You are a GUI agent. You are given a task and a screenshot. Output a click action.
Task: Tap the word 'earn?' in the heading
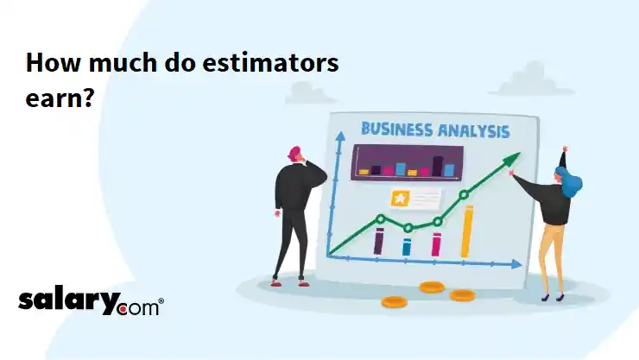coord(60,98)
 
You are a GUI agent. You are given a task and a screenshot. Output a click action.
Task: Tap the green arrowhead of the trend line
coord(514,158)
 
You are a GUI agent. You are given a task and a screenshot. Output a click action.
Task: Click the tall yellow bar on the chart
coord(467,231)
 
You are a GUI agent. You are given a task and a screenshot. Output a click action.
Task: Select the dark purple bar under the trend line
coord(378,240)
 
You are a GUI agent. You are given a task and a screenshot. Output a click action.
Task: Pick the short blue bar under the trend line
coord(407,247)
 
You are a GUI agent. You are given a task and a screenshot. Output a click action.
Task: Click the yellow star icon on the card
coord(401,199)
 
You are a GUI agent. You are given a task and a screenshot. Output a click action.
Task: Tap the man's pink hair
coord(296,153)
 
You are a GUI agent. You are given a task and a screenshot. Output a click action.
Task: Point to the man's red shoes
coord(276,281)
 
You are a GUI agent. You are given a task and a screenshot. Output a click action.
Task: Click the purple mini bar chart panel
coord(407,162)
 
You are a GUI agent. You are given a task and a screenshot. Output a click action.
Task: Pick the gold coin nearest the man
coord(393,302)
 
